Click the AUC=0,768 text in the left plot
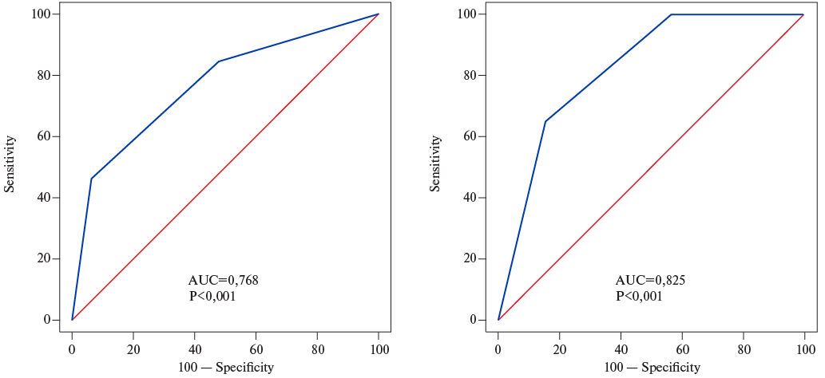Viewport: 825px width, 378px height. (223, 280)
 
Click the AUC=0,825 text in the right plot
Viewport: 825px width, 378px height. (650, 280)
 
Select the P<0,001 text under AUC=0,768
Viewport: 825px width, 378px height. (212, 296)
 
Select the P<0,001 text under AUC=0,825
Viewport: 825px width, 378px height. (639, 296)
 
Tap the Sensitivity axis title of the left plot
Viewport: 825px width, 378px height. (10, 163)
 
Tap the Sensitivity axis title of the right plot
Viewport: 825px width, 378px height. (436, 163)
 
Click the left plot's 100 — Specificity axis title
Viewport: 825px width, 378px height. (225, 367)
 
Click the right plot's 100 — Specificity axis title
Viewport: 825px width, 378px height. (652, 367)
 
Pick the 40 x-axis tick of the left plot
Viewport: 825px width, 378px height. (195, 349)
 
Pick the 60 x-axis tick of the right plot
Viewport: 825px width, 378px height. (683, 349)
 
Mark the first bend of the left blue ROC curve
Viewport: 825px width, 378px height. (91, 179)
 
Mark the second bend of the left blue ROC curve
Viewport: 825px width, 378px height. (218, 61)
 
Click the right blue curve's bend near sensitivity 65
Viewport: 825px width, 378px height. (545, 121)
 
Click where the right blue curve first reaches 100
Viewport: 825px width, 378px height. (671, 14)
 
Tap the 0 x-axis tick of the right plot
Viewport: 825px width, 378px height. (498, 349)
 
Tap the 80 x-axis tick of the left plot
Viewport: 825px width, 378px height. (318, 349)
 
